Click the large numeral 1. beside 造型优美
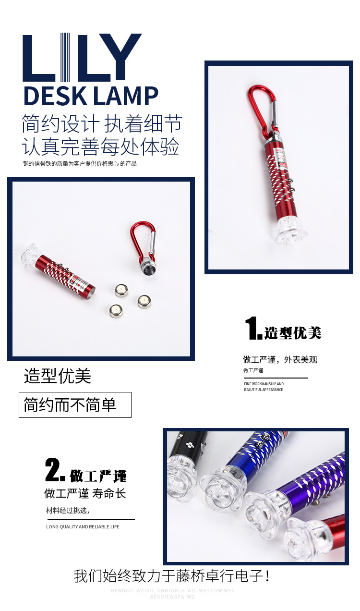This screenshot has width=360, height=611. (253, 329)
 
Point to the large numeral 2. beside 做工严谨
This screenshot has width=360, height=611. (55, 471)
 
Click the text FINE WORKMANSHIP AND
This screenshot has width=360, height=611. (264, 384)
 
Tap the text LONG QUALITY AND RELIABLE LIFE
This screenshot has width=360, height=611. (83, 527)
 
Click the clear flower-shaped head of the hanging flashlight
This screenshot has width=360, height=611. (291, 233)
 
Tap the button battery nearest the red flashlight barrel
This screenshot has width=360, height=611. (121, 290)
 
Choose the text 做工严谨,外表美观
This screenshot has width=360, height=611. (280, 360)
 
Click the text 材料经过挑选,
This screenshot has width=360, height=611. (68, 510)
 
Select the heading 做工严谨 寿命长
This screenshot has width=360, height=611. (85, 493)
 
